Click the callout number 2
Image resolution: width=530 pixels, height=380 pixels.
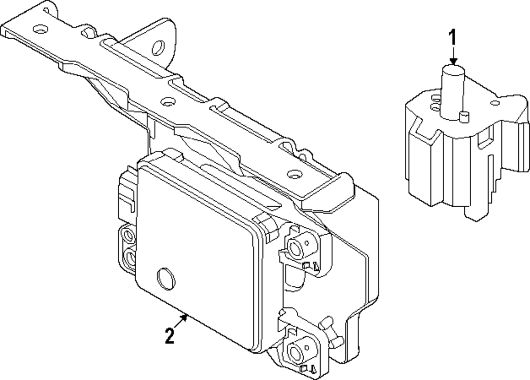tap(170, 336)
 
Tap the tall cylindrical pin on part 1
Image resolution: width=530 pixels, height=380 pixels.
tap(452, 90)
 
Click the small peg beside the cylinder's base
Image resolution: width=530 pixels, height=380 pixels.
tap(464, 116)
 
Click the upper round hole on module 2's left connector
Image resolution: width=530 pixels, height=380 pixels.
tap(128, 234)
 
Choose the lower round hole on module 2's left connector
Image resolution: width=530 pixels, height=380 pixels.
tap(129, 258)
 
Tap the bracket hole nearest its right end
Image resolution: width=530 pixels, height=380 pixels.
tap(291, 173)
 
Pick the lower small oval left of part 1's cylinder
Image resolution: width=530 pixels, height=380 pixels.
tap(436, 108)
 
